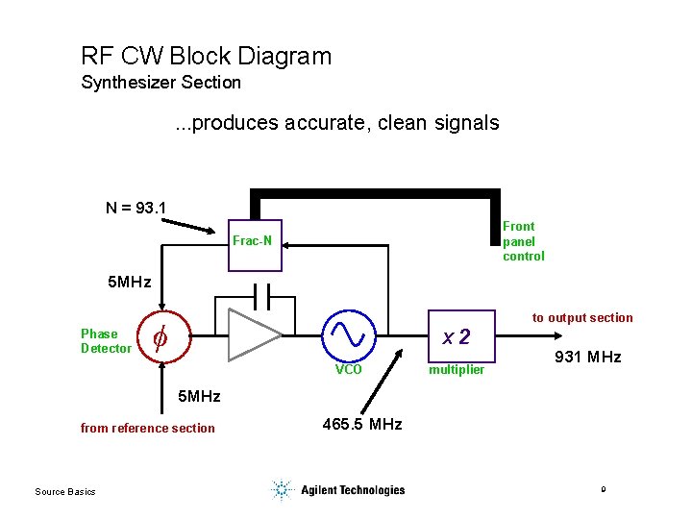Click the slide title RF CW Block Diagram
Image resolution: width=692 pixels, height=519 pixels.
click(206, 56)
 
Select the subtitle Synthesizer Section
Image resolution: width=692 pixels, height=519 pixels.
click(161, 83)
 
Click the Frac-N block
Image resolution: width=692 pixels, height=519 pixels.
click(252, 241)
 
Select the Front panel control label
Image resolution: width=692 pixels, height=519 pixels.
click(523, 241)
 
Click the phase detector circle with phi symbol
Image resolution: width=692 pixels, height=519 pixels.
click(161, 336)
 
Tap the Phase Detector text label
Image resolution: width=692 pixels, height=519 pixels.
click(105, 341)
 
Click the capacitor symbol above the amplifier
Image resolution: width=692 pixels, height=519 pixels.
click(267, 292)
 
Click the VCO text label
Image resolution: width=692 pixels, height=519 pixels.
click(348, 370)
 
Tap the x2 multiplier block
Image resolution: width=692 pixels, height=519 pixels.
click(456, 337)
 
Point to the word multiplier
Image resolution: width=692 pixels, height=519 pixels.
click(457, 370)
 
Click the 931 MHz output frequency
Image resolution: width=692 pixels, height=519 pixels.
click(588, 358)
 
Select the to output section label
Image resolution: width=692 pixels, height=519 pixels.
click(582, 318)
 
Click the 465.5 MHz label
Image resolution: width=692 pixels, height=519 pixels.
click(362, 424)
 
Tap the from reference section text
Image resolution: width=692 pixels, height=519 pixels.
click(147, 429)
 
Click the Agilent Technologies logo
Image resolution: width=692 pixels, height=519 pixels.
click(337, 490)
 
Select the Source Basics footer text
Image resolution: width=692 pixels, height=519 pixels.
click(64, 492)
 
